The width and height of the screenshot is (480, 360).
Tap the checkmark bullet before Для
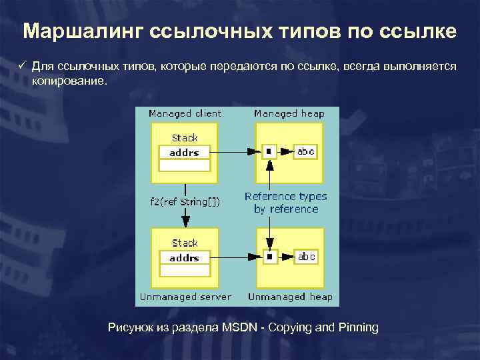21,67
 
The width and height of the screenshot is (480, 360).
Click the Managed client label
185,114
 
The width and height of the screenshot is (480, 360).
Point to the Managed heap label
289,114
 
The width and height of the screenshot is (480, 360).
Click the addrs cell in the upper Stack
184,153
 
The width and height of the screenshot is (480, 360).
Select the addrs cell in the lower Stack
184,257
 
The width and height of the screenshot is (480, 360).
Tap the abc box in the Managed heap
305,152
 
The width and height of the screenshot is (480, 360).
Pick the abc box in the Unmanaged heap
305,257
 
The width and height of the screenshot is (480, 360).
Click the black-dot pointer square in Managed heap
269,152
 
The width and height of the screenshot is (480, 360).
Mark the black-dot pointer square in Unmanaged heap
269,257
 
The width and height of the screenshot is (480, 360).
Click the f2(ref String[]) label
185,200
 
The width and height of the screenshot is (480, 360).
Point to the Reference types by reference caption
286,203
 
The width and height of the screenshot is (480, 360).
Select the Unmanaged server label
185,297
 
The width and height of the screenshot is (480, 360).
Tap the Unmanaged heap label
289,297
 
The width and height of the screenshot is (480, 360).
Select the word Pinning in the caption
359,328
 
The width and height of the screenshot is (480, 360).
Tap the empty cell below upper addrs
184,165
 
